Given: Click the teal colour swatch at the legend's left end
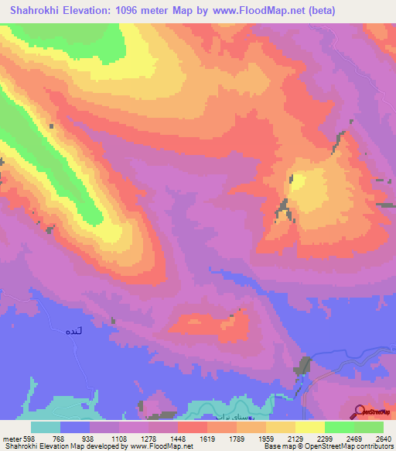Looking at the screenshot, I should [46, 427].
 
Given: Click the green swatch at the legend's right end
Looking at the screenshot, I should [369, 427].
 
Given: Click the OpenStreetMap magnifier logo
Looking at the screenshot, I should [360, 411].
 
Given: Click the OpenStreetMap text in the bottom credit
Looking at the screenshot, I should [364, 446].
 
